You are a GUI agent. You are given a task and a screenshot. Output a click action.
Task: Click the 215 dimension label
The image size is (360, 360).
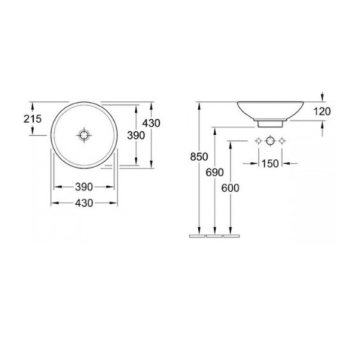pos(32,119)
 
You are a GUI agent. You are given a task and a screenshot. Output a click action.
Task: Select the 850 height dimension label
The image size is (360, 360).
pos(199,157)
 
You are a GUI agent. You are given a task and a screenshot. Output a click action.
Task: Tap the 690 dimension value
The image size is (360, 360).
pos(214,172)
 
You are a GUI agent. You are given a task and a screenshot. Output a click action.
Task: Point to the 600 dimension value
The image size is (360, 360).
pos(230,188)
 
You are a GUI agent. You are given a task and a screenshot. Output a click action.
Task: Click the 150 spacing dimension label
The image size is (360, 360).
pos(270,163)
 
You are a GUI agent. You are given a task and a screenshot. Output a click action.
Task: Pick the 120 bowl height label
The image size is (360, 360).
pos(322,112)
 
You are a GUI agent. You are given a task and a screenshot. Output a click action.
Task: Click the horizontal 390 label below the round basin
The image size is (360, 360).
pos(84,187)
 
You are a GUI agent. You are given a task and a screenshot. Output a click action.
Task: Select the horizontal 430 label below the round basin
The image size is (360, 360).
pos(84,203)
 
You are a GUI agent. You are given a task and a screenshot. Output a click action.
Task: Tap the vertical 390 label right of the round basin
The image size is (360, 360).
pos(136,136)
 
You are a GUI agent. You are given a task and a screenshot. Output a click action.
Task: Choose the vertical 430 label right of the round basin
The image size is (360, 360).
pos(151,123)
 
